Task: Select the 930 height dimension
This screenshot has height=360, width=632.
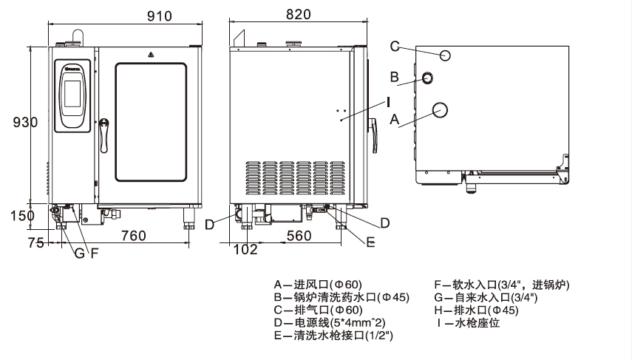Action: coord(25,123)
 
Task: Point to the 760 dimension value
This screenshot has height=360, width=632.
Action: coord(133,236)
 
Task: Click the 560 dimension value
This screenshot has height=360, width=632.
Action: coord(299,236)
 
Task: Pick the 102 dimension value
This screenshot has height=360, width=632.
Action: coord(244,249)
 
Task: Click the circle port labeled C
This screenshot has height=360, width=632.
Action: coord(446,55)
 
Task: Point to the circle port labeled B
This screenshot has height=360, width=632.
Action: coord(428,78)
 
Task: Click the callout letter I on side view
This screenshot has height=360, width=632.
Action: coord(387,101)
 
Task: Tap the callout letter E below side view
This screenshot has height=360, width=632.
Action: coord(370,242)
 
